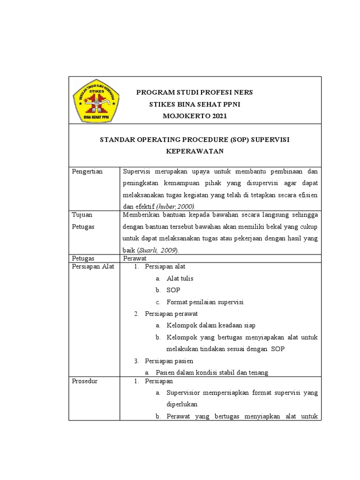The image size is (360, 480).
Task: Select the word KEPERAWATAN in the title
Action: coord(195,151)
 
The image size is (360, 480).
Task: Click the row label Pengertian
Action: coord(88,172)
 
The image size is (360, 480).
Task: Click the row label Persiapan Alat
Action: coord(93,267)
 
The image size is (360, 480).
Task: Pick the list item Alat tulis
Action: coord(180,278)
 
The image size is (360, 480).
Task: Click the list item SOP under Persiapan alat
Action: coord(173,290)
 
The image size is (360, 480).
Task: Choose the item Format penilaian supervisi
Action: coord(205,302)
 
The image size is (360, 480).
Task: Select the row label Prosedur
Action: coord(84,381)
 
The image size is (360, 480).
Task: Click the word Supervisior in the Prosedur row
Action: coord(182,392)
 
